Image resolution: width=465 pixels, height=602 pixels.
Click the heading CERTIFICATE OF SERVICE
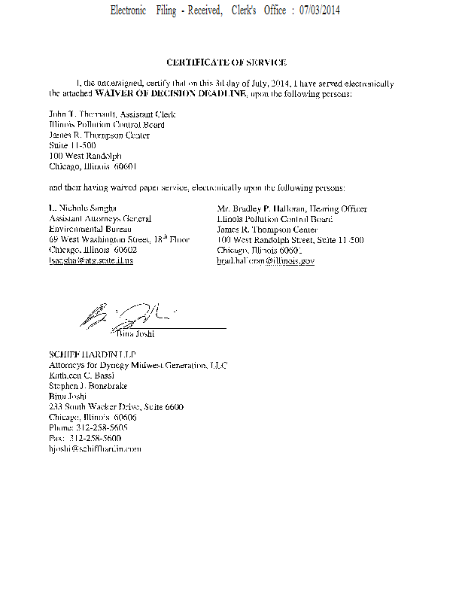226,62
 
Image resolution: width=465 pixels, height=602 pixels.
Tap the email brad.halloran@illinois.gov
266,260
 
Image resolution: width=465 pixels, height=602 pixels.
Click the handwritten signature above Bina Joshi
124,315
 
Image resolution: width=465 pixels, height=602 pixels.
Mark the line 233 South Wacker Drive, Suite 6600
116,406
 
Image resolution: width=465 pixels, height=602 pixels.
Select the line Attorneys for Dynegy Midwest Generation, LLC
138,365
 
